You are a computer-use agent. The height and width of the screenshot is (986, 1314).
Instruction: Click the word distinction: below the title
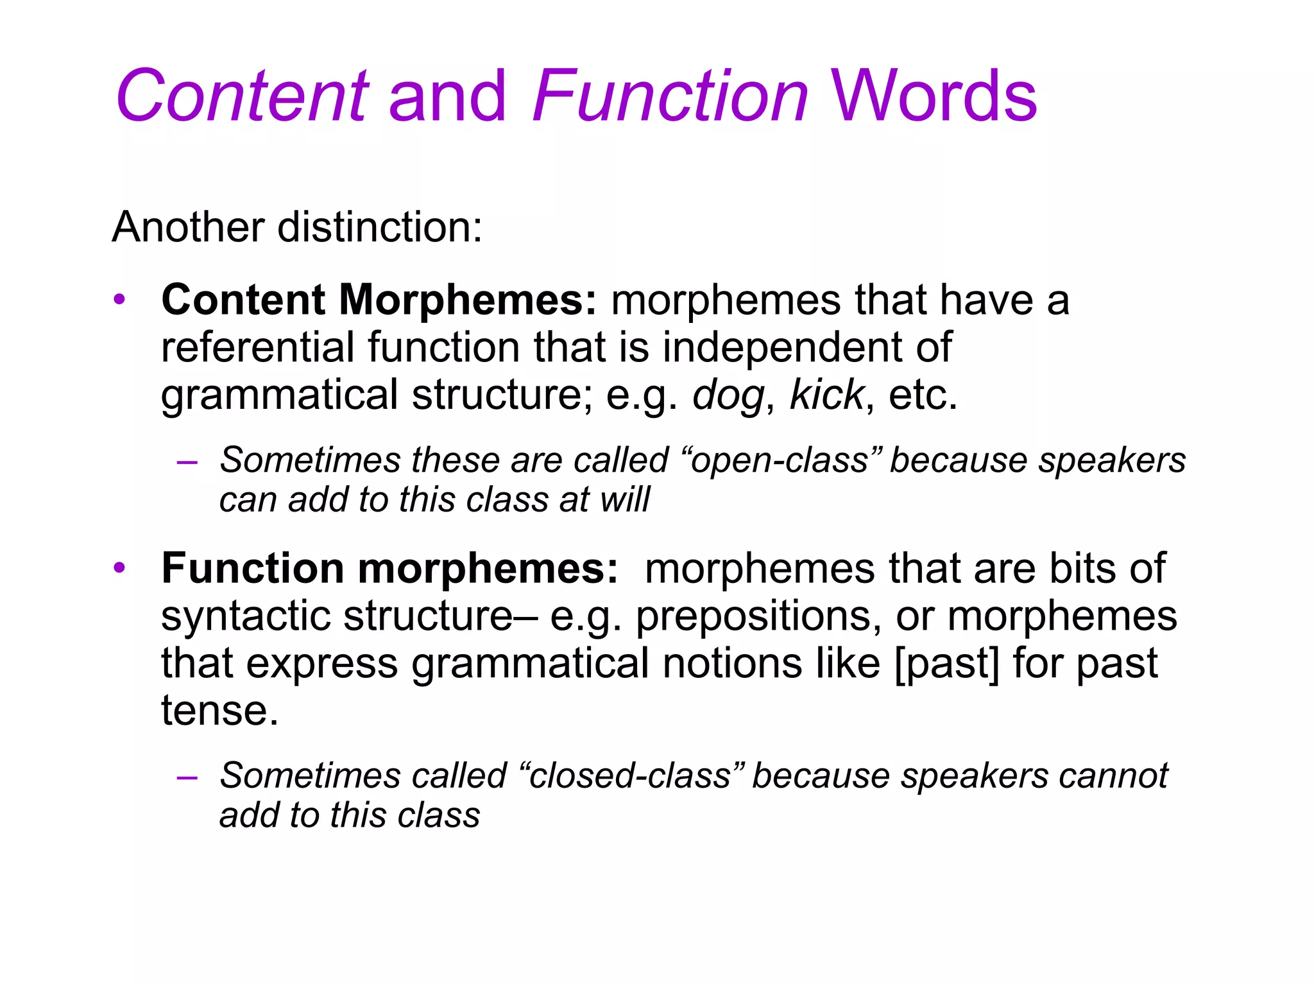tap(379, 227)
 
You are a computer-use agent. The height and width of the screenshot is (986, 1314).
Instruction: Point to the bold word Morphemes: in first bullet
tap(468, 300)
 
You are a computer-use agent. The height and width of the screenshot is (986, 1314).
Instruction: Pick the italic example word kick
tap(826, 395)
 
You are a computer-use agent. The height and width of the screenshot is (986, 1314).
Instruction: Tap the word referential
tap(257, 347)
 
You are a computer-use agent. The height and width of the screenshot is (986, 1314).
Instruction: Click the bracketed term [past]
tap(946, 663)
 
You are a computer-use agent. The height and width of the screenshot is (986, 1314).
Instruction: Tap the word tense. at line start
tap(219, 711)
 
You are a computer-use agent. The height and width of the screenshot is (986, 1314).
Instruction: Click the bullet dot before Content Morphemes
tap(119, 300)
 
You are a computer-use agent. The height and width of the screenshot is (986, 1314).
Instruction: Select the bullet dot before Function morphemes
tap(119, 569)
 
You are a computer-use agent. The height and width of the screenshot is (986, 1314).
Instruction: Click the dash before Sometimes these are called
tap(187, 462)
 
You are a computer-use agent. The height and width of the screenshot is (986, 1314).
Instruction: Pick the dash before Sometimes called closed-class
tap(187, 777)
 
